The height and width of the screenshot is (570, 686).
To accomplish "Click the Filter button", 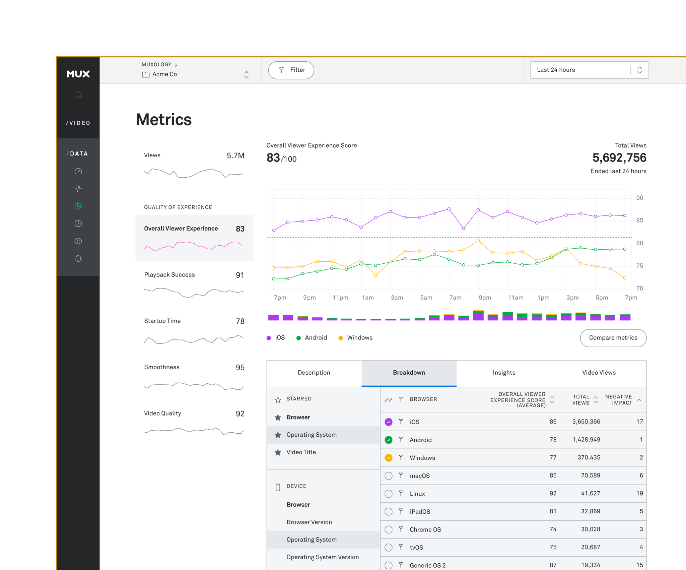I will click(x=291, y=70).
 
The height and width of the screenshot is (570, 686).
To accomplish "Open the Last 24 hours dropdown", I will click(x=589, y=70).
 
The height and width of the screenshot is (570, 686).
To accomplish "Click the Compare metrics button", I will click(x=613, y=338).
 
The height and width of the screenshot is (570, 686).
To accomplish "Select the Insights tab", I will click(x=503, y=373).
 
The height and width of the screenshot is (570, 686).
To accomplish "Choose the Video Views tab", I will click(x=599, y=373).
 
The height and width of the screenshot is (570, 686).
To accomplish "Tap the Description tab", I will click(x=314, y=373).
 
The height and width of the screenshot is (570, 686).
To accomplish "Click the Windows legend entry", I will click(x=359, y=338).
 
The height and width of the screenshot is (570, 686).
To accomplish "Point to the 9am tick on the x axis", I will click(x=484, y=298).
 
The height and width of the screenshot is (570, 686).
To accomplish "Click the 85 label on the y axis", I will click(x=639, y=220).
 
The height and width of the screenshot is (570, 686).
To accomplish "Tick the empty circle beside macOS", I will click(x=388, y=476).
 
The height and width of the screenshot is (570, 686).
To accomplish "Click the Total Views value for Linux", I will click(x=590, y=493).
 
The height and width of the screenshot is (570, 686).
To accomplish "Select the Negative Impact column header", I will click(x=619, y=399).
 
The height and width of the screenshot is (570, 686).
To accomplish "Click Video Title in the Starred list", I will click(x=301, y=452).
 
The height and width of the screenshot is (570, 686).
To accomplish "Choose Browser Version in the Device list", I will click(x=309, y=522).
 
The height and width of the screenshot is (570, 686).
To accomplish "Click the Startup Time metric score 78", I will click(x=240, y=321).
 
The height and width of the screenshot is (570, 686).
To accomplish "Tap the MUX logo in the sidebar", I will click(x=78, y=74).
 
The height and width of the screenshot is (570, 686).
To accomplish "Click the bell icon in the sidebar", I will click(x=78, y=258).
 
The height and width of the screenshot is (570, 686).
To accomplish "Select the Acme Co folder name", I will click(x=164, y=74).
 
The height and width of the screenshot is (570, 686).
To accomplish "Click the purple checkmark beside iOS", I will click(x=388, y=422).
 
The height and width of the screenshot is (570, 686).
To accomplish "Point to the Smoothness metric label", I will click(x=161, y=367).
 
